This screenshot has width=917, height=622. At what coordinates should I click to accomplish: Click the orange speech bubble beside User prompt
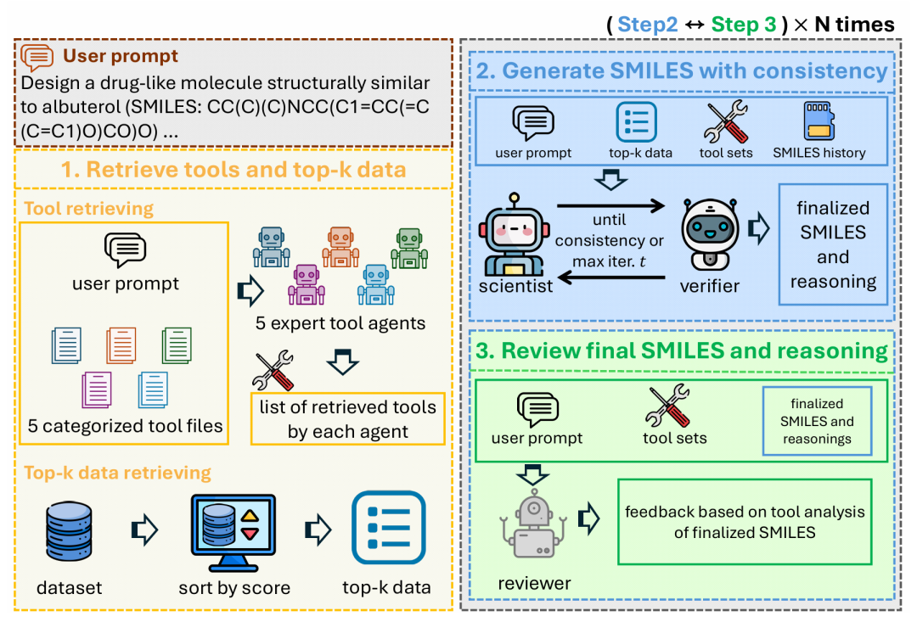coord(37,58)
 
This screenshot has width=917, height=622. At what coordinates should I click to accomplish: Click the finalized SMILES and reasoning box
coord(833,244)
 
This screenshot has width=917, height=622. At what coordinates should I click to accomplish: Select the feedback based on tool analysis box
coord(745,522)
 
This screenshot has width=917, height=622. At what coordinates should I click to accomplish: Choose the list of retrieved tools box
coord(348,418)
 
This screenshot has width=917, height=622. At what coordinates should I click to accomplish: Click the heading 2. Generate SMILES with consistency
coord(681,70)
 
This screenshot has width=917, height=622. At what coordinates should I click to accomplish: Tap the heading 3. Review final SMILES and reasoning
coord(681,350)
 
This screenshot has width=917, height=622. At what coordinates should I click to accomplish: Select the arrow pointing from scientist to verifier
coord(610,205)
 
